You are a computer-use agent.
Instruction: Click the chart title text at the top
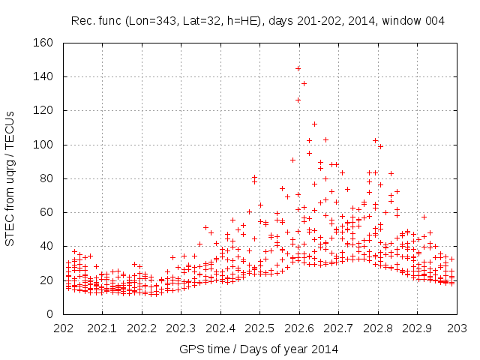(x=258, y=21)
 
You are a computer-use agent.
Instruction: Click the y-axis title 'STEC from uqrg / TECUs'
(x=10, y=178)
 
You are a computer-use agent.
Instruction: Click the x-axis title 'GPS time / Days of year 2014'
(x=258, y=349)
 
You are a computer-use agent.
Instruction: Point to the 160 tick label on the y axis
(x=42, y=43)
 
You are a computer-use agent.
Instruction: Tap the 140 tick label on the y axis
(x=42, y=76)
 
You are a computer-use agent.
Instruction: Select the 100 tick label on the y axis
(x=42, y=145)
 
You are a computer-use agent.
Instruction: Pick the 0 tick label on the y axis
(x=48, y=314)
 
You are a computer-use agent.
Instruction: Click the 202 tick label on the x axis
(x=64, y=328)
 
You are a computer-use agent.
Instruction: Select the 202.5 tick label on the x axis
(x=259, y=328)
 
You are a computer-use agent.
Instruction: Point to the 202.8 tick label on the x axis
(x=377, y=328)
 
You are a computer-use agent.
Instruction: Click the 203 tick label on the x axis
(x=457, y=328)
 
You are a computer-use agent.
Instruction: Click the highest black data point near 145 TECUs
(x=298, y=68)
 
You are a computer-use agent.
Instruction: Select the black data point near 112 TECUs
(x=314, y=124)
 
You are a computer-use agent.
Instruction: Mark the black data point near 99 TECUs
(x=380, y=146)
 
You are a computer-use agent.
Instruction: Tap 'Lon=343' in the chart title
(x=154, y=21)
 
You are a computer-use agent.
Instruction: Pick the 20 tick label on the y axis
(x=45, y=280)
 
